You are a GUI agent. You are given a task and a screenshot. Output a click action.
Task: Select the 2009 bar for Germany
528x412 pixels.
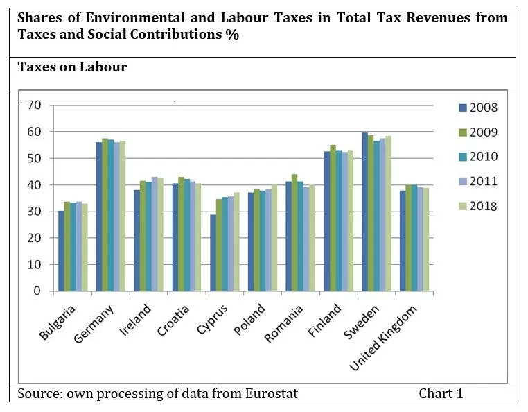point(105,215)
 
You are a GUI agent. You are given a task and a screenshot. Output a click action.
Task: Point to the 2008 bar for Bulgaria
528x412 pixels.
point(61,250)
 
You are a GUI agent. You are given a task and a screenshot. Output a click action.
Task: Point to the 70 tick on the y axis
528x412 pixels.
point(35,105)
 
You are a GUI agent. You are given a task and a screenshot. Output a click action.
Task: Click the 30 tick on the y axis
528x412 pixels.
point(35,212)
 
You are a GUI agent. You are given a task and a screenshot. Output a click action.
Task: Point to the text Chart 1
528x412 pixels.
point(441,394)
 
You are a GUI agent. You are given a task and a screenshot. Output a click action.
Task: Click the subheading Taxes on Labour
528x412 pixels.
point(72,67)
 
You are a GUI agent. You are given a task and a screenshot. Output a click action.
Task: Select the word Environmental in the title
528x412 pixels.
point(118,17)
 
